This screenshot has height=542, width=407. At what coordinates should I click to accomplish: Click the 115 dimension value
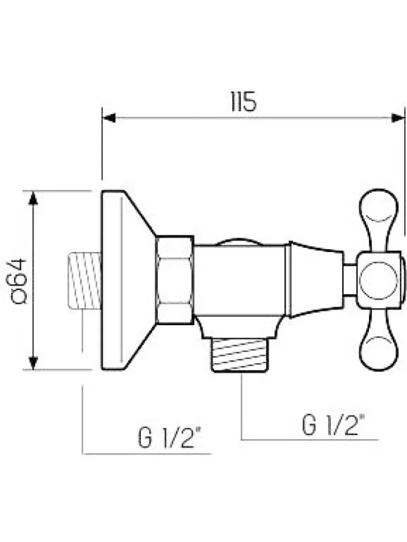point(243,102)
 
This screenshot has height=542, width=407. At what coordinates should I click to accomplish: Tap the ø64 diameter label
point(19,280)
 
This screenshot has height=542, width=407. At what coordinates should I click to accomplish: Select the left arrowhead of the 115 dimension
point(109,118)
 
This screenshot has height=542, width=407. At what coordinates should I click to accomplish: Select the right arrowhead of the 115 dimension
point(398,118)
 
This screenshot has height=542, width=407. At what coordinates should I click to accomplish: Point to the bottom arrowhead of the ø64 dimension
point(33,363)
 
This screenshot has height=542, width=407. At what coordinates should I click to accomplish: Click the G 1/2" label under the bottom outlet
point(333,425)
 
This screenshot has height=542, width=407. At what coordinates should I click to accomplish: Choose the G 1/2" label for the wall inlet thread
point(170,438)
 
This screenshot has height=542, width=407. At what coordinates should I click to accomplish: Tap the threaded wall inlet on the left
point(85,280)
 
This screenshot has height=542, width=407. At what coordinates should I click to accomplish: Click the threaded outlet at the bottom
point(240,355)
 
